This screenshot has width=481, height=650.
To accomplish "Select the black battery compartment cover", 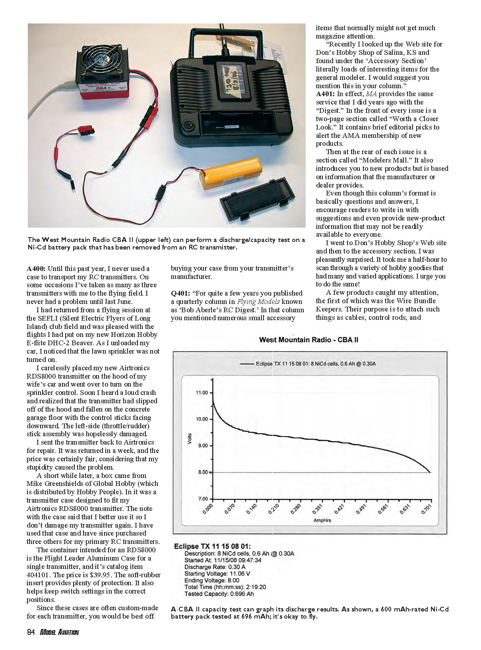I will coord(257,198).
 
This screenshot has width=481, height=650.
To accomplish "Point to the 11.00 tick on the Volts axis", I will coord(202,393).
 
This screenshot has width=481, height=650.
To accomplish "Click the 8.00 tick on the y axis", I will coord(202,472).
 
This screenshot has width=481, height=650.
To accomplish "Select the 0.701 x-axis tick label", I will coord(426,509).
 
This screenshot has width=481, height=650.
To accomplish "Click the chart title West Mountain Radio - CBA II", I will coord(308,340).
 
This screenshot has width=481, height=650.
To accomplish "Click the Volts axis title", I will coord(189,439).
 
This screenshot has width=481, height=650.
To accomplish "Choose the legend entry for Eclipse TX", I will coord(308,364).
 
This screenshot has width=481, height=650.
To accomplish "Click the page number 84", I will coord(31,632).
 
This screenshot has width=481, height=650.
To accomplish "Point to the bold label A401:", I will coord(325,94).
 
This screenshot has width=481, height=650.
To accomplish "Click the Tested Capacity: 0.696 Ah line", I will coord(219,594).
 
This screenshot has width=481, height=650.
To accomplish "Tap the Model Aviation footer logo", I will coord(59,632).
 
